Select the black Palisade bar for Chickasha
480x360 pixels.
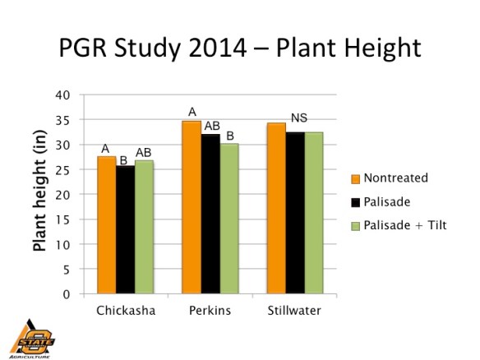(125, 229)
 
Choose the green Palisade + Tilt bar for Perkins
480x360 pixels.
(229, 219)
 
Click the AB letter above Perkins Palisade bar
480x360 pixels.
(212, 125)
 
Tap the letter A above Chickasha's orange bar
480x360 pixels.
(105, 149)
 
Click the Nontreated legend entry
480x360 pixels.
(395, 178)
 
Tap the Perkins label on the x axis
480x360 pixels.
(210, 312)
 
